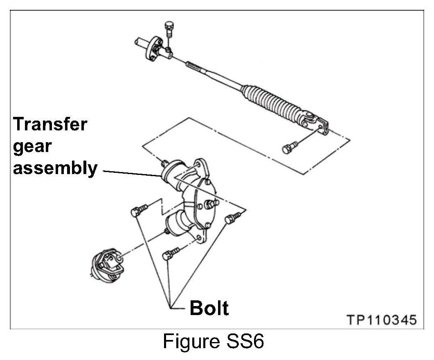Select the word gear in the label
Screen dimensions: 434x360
point(32,146)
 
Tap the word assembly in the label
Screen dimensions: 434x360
point(55,168)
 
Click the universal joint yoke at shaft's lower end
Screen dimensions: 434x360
point(317,122)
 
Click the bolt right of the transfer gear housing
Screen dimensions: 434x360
point(232,217)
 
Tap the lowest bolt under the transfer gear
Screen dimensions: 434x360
point(170,254)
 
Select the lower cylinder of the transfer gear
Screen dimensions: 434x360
point(176,227)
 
